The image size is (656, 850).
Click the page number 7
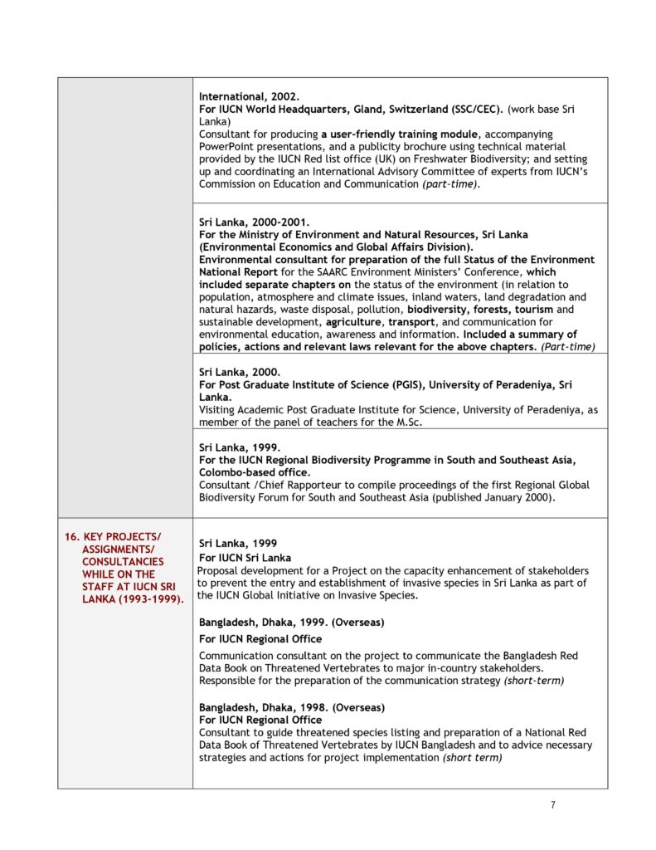[x=553, y=804]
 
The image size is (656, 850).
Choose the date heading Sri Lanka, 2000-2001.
[x=254, y=222]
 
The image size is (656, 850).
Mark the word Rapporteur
[x=307, y=485]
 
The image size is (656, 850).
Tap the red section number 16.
[x=72, y=536]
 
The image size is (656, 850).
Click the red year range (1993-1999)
[x=148, y=598]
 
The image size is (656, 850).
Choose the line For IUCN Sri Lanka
[x=245, y=557]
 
